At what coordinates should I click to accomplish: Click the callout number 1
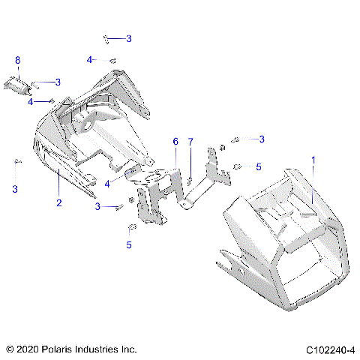(x=313, y=160)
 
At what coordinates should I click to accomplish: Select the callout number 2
(x=58, y=203)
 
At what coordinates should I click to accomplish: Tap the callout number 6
(x=175, y=141)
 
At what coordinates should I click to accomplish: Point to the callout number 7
(x=190, y=141)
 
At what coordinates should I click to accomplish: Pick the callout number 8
(x=18, y=60)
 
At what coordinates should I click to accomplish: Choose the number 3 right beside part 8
(x=58, y=82)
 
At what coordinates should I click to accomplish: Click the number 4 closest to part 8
(x=31, y=101)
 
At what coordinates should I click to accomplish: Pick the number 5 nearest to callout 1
(x=259, y=167)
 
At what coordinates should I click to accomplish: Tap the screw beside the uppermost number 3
(x=110, y=37)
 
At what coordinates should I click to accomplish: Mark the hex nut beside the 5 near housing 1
(x=239, y=166)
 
